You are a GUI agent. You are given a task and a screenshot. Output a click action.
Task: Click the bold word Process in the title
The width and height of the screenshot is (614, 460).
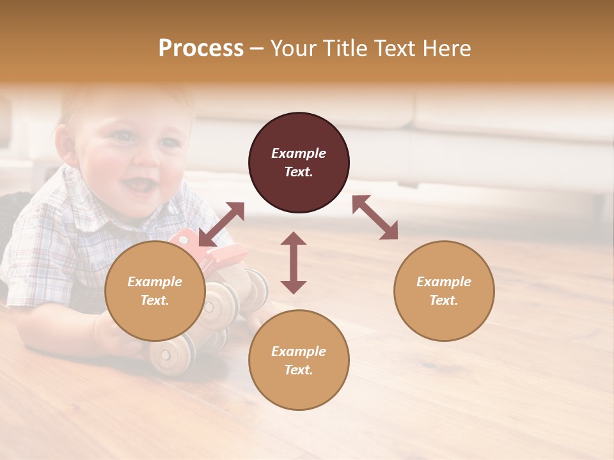tap(201, 49)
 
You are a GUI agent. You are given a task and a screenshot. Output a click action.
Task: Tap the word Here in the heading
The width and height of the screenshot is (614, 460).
tap(446, 49)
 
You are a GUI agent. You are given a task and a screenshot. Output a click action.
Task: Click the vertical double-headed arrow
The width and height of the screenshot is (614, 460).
tap(294, 263)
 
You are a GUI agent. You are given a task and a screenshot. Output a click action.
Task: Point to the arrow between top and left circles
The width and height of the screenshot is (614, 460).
tap(221, 224)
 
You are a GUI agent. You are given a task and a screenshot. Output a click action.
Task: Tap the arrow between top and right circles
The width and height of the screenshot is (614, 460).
tap(375, 217)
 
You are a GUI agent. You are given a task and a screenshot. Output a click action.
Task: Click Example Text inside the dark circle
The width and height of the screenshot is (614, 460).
tap(299, 162)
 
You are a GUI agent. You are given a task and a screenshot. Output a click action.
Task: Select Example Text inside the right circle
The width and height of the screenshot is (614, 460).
tap(444, 291)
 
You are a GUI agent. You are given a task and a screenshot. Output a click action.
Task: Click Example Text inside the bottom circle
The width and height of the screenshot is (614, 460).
tap(299, 360)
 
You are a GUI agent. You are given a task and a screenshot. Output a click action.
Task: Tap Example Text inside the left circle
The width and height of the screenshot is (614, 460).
tap(155, 291)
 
